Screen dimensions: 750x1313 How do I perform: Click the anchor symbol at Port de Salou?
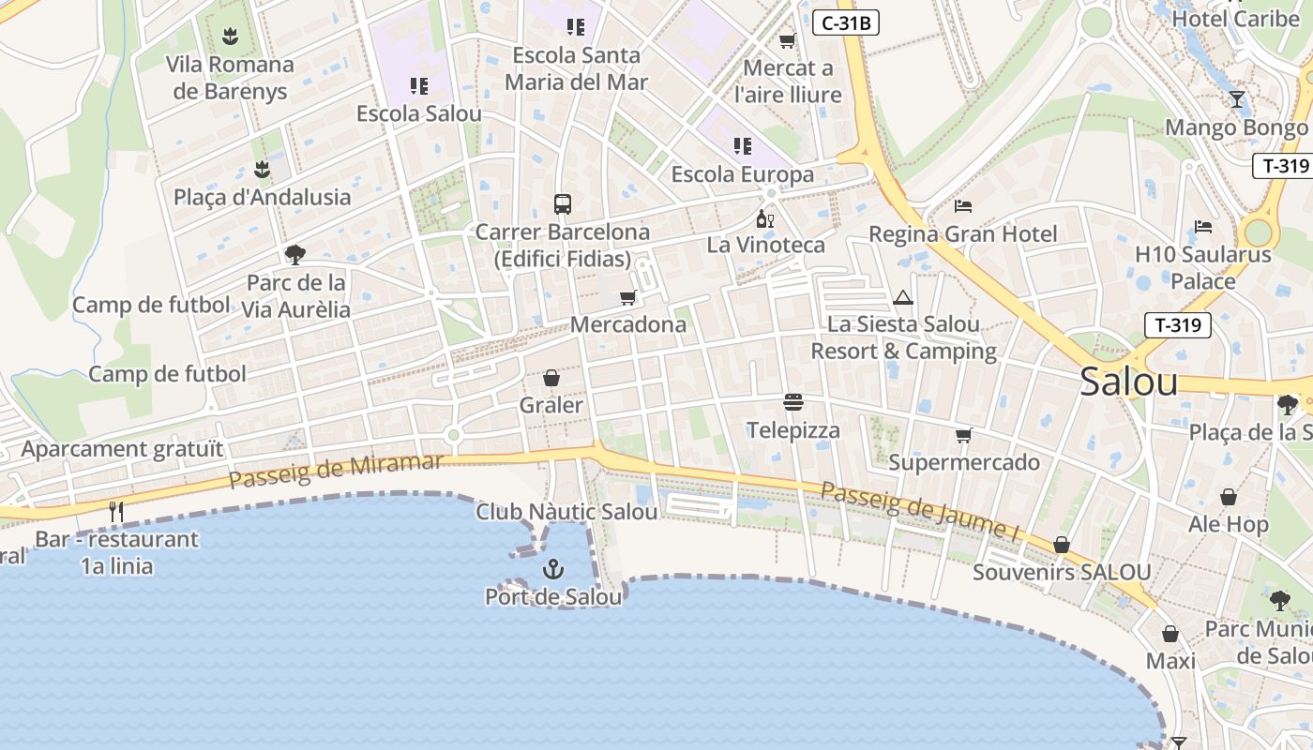point(553,568)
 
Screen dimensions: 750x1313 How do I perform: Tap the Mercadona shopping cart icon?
point(627,297)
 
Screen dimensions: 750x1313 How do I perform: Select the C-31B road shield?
point(845,23)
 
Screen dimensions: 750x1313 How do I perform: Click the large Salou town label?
point(1128,382)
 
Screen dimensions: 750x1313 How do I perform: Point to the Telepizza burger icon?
point(793,403)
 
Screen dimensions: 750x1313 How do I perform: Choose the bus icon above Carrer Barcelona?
point(562,204)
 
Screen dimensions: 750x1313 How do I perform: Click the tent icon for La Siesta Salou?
point(903,297)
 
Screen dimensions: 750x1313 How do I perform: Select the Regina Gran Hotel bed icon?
point(963,205)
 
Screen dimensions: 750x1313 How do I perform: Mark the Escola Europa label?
point(743,174)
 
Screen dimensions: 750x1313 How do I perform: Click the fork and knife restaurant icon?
point(116,511)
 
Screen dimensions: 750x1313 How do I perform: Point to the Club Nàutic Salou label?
point(566,512)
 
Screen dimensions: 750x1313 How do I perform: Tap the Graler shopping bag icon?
point(551,378)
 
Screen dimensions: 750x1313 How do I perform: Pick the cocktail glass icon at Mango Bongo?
point(1237,99)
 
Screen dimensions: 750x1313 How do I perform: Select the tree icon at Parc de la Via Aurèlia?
point(295,254)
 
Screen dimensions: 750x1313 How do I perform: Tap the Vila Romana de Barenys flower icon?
point(230,37)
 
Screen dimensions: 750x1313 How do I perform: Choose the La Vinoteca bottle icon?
point(765,218)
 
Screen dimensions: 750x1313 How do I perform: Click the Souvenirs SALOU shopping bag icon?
point(1062,545)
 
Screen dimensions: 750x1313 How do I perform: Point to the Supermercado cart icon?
point(963,435)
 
